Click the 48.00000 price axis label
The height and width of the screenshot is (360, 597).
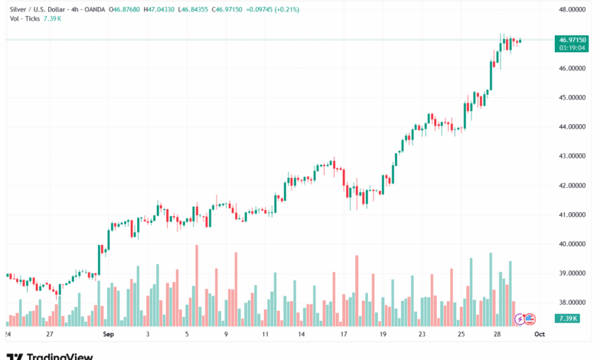point(573,10)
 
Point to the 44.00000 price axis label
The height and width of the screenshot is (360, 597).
point(573,126)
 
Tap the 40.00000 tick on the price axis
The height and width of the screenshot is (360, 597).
point(573,244)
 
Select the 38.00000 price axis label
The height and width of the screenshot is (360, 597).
point(573,302)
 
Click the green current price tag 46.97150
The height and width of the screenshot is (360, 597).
point(573,40)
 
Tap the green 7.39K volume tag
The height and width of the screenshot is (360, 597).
point(568,318)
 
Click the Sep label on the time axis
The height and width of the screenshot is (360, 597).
point(107,335)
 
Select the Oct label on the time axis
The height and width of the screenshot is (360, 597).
point(539,335)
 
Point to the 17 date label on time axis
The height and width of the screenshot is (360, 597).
point(344,335)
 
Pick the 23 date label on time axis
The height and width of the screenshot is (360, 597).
point(422,335)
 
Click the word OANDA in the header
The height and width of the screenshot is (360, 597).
point(96,9)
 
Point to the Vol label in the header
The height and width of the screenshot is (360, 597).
point(15,19)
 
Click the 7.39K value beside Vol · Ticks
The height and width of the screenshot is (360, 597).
point(51,19)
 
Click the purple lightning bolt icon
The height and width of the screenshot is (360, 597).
point(519,319)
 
